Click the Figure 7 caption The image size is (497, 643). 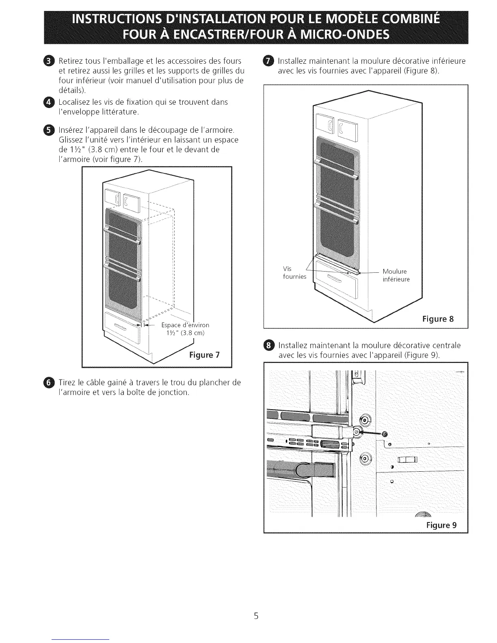click(x=204, y=355)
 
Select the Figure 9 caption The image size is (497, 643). click(x=441, y=525)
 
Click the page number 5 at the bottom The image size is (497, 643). click(x=256, y=616)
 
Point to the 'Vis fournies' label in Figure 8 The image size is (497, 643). click(x=294, y=273)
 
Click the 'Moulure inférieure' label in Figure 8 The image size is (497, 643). click(x=396, y=275)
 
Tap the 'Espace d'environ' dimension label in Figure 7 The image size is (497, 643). click(x=185, y=325)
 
